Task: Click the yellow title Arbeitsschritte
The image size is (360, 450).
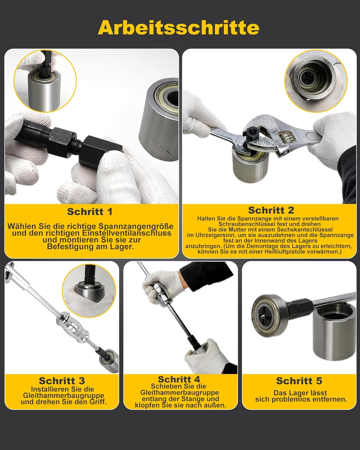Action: coord(178,28)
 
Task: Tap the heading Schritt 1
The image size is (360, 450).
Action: coord(90,211)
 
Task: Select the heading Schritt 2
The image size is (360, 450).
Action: coord(271,210)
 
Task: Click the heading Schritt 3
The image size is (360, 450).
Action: coord(62,381)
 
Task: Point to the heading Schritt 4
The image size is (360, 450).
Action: coord(179,379)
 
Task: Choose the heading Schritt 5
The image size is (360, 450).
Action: coord(299,381)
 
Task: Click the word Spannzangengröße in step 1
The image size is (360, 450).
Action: coord(136,226)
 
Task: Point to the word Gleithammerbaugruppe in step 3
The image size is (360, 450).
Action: coord(63,395)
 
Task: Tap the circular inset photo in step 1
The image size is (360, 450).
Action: coord(45,81)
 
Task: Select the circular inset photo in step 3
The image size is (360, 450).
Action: coord(89,291)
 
